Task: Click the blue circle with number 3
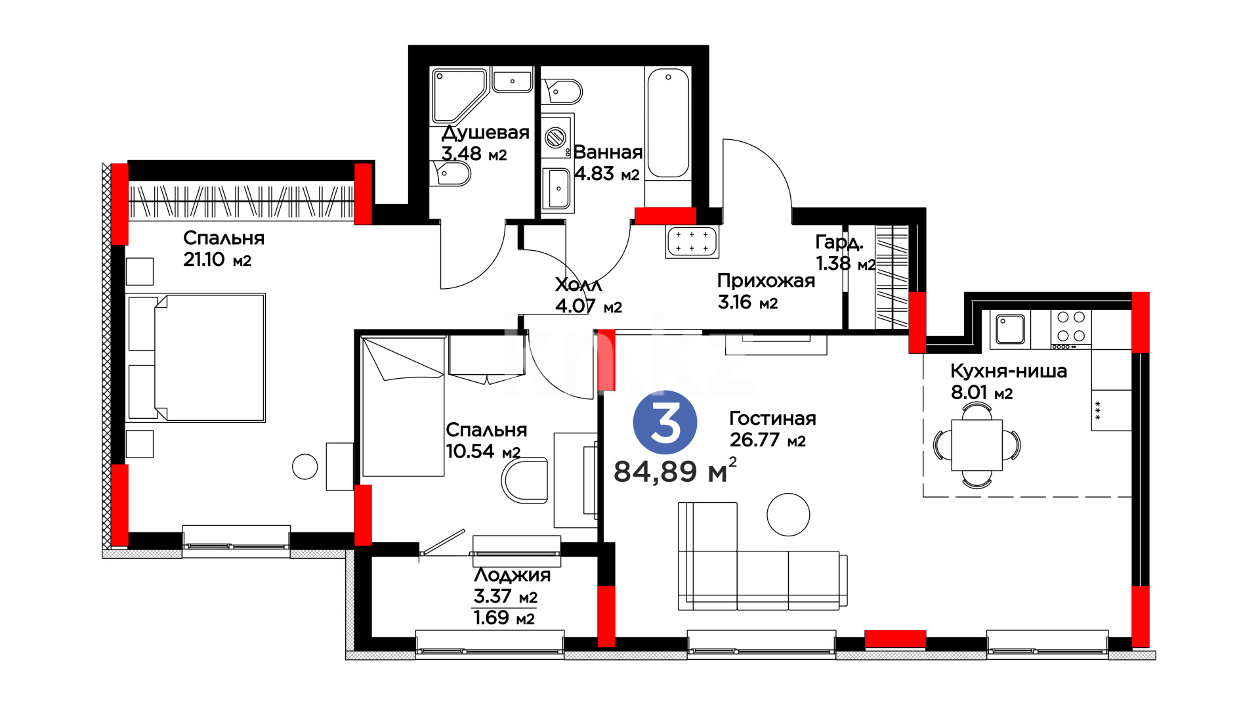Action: tap(665, 422)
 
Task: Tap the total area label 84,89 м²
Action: tap(675, 470)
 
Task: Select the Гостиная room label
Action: tap(772, 418)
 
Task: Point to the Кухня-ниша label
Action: tap(1009, 371)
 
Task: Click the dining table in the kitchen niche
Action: tap(976, 445)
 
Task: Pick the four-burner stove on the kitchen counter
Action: tap(1071, 329)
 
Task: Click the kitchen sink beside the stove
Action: tap(1010, 329)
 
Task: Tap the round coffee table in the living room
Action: tap(788, 515)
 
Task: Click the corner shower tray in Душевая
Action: tap(459, 95)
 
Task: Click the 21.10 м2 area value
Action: tap(217, 259)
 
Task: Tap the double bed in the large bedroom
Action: tap(197, 358)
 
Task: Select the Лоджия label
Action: tap(512, 575)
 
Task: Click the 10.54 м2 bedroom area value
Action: tap(483, 451)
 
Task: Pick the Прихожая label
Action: tap(766, 281)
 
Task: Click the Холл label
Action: tap(578, 285)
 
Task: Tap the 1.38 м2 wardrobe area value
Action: tap(845, 263)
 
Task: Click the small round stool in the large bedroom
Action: tap(304, 467)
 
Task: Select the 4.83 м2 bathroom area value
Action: tap(606, 173)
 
